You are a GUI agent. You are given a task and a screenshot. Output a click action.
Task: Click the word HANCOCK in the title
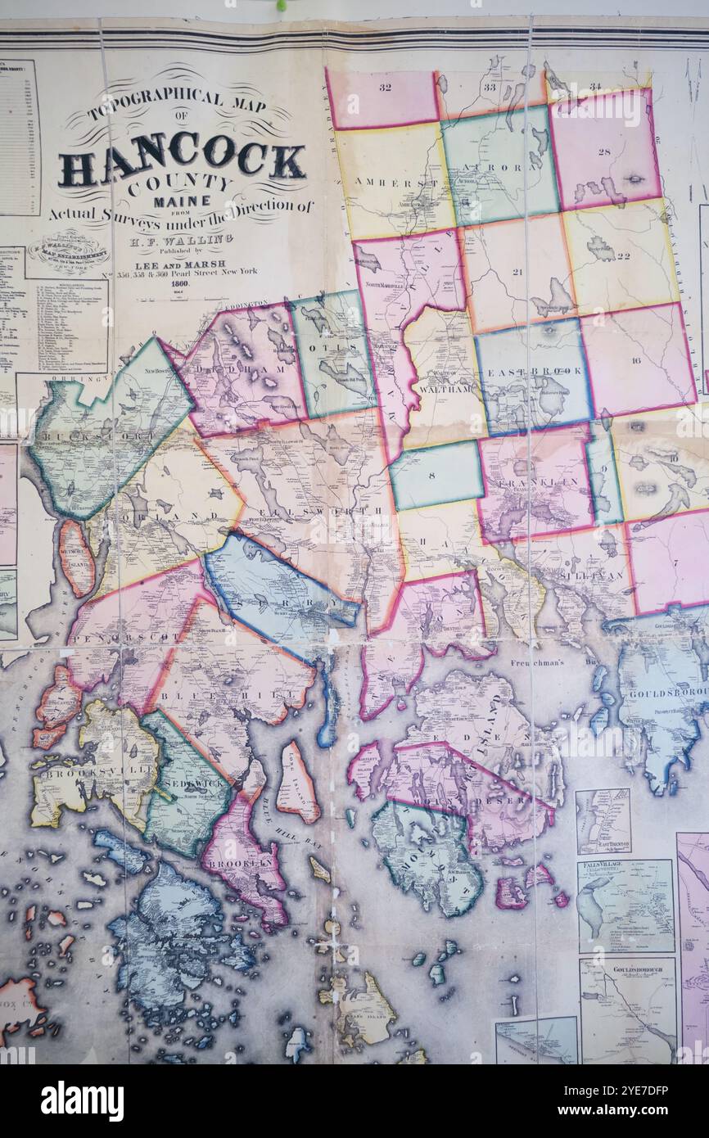[182, 159]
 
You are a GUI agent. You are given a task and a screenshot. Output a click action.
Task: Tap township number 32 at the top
[384, 87]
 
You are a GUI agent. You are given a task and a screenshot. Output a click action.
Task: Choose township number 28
[604, 152]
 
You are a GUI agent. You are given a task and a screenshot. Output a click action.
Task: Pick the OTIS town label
[329, 348]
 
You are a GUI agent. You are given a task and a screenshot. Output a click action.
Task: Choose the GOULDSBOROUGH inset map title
[626, 968]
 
